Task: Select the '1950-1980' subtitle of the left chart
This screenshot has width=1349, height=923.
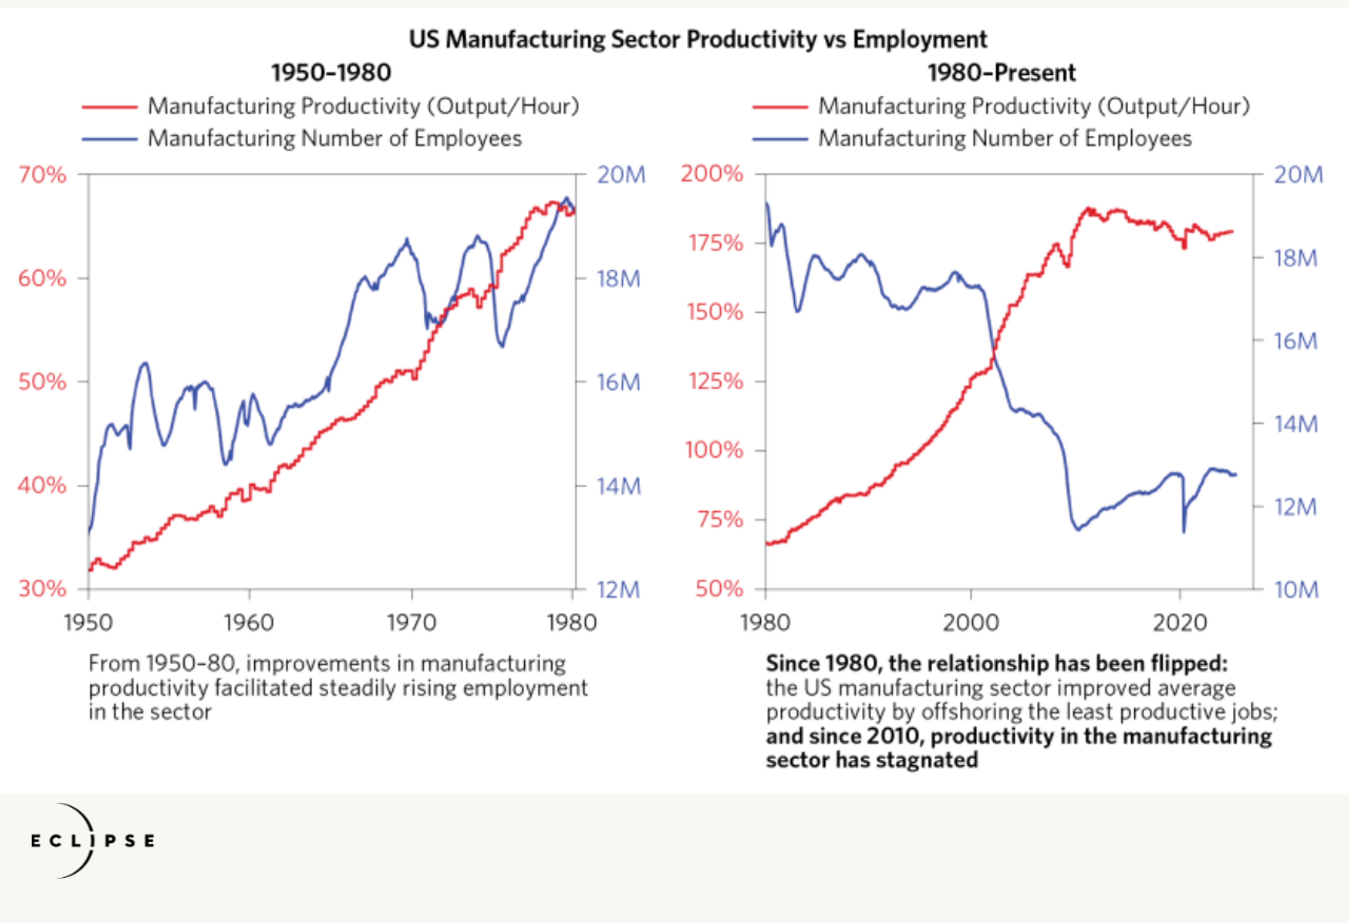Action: [x=331, y=73]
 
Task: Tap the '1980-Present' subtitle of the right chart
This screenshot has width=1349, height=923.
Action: [x=1001, y=73]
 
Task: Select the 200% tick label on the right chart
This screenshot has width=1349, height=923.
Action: [x=712, y=174]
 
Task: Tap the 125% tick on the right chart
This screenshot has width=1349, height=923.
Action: [x=715, y=381]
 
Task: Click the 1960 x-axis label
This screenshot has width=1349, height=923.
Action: [x=249, y=623]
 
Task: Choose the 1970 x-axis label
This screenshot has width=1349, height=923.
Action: [x=411, y=623]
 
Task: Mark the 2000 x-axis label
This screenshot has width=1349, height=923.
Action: [x=971, y=623]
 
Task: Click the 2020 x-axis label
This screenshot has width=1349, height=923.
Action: [x=1180, y=623]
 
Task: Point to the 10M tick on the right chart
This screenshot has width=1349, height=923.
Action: [x=1296, y=589]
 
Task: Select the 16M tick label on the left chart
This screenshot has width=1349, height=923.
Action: [x=619, y=382]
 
